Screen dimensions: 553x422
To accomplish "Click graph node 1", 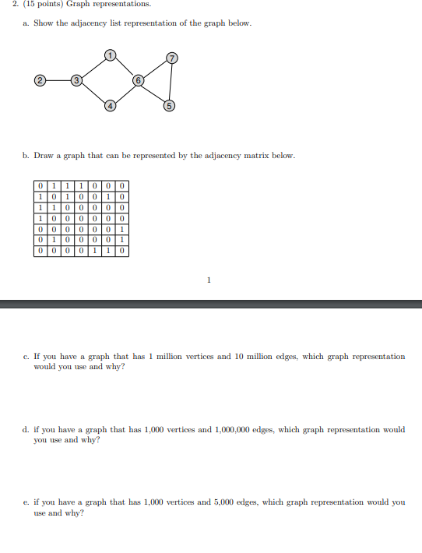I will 111,55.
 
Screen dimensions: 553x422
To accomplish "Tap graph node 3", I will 76,80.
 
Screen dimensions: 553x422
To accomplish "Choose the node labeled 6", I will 138,80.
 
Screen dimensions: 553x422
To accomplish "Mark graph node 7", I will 172,58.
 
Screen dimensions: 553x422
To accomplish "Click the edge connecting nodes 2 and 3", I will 57,79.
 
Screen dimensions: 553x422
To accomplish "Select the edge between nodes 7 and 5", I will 171,82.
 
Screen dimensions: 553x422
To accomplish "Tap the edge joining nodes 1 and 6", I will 125,68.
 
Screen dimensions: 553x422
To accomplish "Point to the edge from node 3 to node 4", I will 93,93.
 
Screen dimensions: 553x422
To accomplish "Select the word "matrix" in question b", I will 254,156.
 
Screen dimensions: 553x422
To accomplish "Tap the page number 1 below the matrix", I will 209,280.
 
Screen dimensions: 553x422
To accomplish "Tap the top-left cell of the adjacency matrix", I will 40,186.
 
